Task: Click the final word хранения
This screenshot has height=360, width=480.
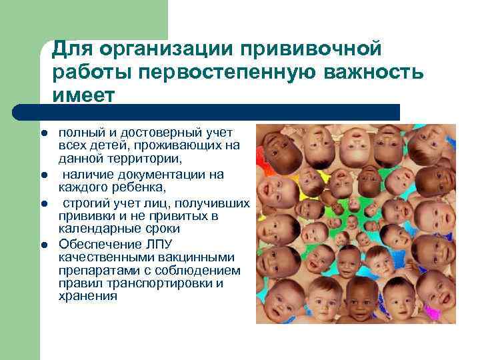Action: [87, 296]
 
